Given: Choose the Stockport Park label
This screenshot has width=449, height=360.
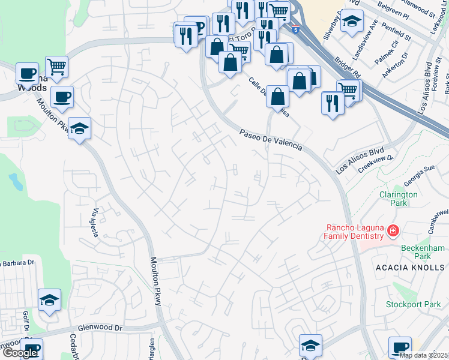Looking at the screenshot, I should [413, 304].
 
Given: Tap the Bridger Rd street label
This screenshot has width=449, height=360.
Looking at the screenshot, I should [349, 68].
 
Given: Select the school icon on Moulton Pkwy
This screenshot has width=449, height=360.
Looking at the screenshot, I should [79, 128].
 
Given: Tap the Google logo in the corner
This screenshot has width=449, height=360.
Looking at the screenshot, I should [20, 353].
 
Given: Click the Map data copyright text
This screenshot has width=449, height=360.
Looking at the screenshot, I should [424, 355].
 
